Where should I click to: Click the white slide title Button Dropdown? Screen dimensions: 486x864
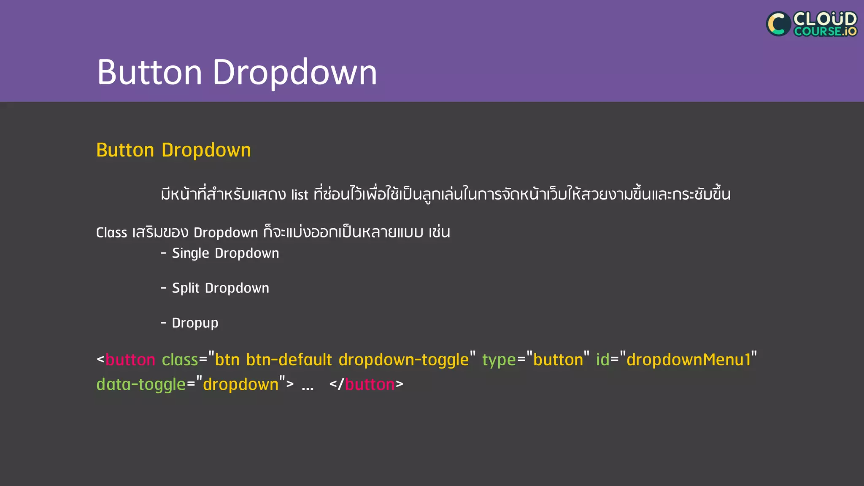pos(237,72)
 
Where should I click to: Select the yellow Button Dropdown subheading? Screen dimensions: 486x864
pos(173,150)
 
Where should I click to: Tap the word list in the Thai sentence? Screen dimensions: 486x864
pos(300,194)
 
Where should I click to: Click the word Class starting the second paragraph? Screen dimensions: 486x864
pos(111,232)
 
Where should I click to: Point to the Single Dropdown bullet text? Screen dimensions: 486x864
pos(225,253)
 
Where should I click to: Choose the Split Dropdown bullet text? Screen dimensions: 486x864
pos(220,288)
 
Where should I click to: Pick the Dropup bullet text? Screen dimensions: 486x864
pos(195,323)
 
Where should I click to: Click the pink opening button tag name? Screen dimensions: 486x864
pos(130,360)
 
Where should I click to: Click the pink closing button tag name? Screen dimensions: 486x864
pos(370,384)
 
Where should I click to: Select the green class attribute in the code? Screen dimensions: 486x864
pos(180,360)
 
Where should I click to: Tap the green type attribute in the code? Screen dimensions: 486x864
pos(499,360)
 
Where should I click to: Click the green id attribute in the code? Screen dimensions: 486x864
pos(602,360)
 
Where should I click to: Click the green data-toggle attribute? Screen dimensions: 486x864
pos(141,384)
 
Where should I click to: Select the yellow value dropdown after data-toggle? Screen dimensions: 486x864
pos(240,384)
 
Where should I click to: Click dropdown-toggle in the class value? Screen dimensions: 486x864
pos(403,360)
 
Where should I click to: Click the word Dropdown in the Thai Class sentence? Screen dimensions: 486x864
pos(226,232)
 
